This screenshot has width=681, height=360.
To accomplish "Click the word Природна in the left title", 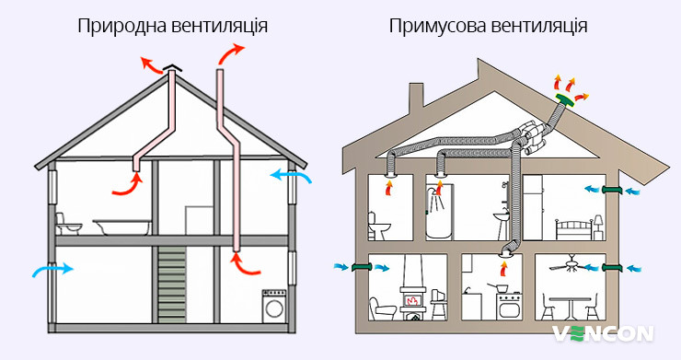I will point(119,25).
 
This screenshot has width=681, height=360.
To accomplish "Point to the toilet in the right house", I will point(380,225).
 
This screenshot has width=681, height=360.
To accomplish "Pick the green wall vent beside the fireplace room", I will point(360,268).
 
